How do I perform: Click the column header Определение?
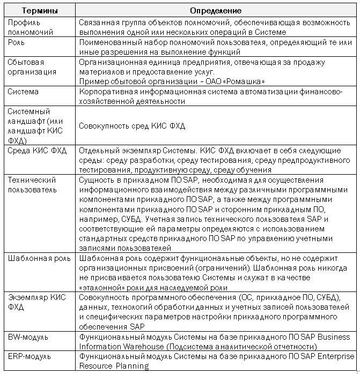click(x=216, y=11)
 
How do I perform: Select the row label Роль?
click(x=17, y=42)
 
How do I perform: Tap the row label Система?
click(x=23, y=92)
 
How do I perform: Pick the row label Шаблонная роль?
click(x=39, y=258)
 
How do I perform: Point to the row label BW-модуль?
click(x=28, y=337)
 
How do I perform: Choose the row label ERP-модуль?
click(x=30, y=356)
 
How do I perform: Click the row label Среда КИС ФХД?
click(x=37, y=151)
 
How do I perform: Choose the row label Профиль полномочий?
click(x=31, y=27)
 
